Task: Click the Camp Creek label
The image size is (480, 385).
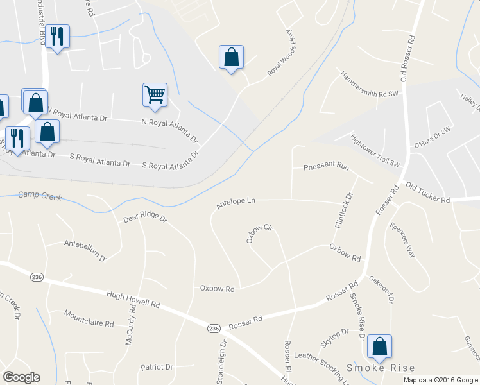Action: coord(40,196)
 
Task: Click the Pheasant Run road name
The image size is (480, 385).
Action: coord(326,167)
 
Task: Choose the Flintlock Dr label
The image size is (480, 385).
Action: coord(345,210)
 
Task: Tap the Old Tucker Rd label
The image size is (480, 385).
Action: coord(427,195)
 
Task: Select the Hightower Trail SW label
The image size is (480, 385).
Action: coord(375,150)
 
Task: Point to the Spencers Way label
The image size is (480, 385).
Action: coord(402,239)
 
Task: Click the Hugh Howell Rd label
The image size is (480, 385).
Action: coord(133,298)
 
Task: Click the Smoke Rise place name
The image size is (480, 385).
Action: coord(381,368)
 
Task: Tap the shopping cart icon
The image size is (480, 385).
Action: coord(155,95)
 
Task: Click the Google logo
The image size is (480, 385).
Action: coord(21,377)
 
